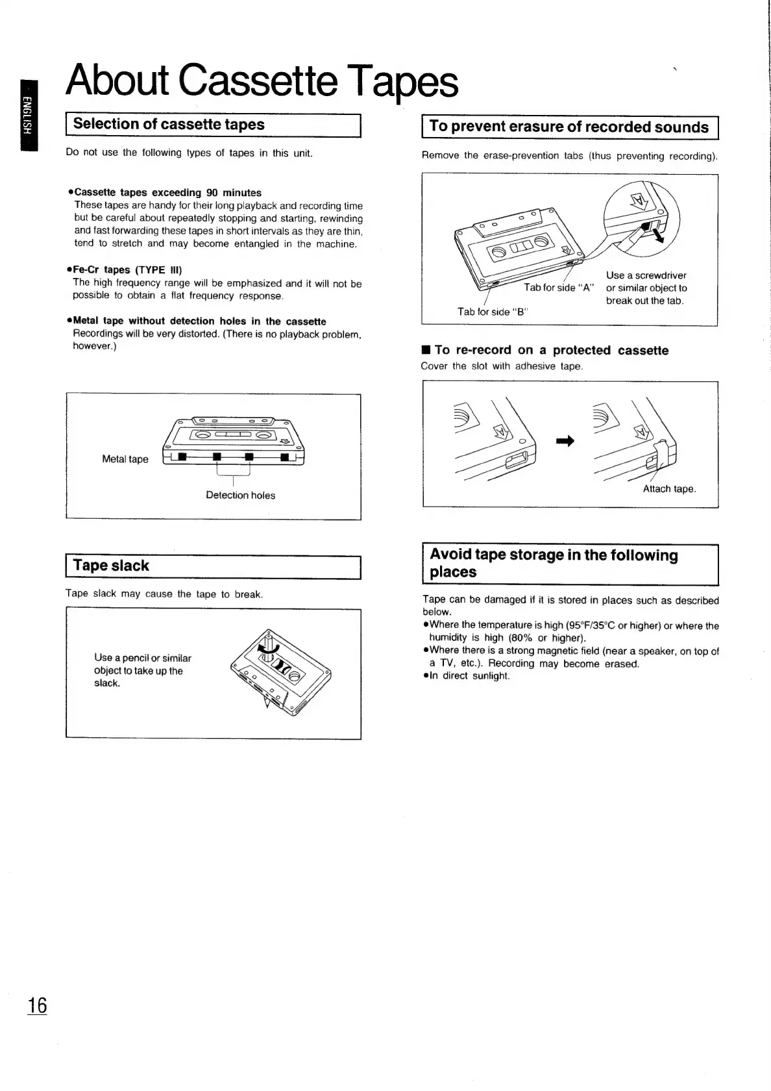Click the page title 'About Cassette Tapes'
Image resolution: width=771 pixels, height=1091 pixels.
tap(262, 82)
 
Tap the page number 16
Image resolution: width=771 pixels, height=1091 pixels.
tap(37, 1005)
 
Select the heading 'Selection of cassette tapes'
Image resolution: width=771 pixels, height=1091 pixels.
tap(169, 124)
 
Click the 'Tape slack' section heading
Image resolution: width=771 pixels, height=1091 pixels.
tap(111, 566)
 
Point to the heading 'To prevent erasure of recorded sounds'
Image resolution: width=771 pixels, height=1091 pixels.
tap(569, 127)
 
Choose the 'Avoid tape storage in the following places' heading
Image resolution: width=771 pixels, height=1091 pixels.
tap(554, 563)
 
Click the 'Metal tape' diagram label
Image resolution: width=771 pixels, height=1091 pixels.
tap(125, 459)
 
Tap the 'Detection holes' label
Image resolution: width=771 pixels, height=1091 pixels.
tap(240, 495)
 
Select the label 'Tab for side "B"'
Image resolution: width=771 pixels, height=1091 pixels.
tap(493, 312)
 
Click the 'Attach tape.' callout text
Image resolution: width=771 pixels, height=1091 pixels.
tap(669, 489)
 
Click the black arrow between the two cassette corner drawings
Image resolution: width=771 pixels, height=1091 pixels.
tap(565, 442)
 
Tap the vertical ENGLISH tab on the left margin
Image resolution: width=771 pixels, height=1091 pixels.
tap(29, 115)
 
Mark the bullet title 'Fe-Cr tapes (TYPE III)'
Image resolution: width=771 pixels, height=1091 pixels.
tap(127, 270)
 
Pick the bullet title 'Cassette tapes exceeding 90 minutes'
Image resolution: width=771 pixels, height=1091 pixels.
tap(167, 193)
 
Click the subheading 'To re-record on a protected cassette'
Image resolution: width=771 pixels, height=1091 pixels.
tap(551, 351)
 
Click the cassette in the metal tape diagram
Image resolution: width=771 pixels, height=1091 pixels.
tap(234, 442)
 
